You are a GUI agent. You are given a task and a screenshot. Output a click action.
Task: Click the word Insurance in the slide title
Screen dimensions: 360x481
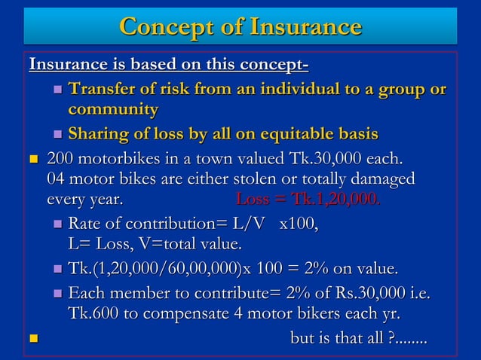coord(302,27)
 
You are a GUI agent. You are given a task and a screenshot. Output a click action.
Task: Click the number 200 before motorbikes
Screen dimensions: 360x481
coord(61,160)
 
